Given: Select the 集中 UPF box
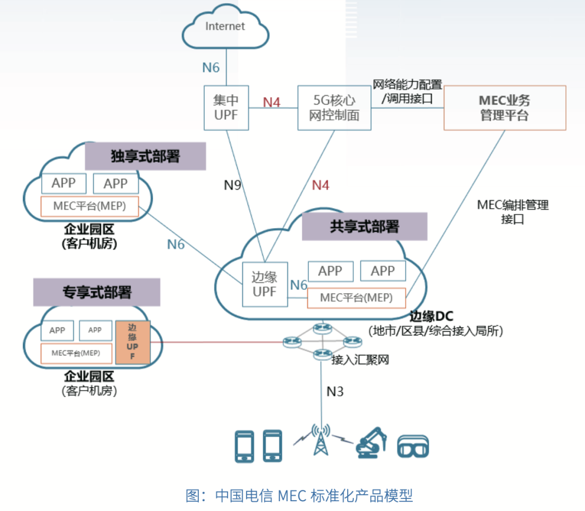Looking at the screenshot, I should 226,107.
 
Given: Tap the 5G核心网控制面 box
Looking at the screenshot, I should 334,107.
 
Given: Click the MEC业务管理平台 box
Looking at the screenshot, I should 504,107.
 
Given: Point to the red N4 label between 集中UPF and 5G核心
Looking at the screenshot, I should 272,102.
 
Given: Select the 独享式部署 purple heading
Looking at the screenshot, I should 145,156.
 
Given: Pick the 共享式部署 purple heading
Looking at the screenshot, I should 364,226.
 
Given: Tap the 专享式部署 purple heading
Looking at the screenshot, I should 97,292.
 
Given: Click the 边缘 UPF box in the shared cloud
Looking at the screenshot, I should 264,284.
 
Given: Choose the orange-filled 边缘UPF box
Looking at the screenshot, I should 132,342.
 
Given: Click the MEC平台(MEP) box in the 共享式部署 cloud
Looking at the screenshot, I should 356,298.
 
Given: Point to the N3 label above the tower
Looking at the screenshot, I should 335,391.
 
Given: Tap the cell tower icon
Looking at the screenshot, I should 320,440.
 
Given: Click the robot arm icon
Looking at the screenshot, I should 372,443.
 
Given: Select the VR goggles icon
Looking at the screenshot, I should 413,446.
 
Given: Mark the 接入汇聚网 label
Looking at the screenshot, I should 360,359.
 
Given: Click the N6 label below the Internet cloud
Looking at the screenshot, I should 211,67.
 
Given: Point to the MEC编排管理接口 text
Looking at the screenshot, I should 512,212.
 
